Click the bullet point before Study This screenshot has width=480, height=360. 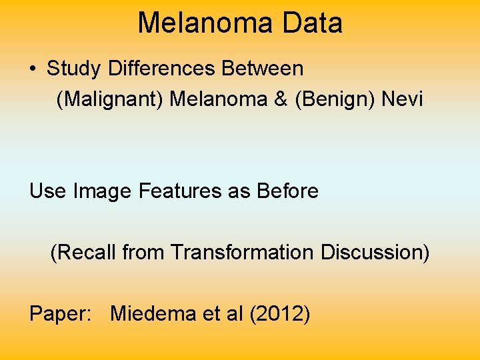pyautogui.click(x=33, y=69)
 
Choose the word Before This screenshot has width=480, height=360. pyautogui.click(x=286, y=191)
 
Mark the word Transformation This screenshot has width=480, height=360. pyautogui.click(x=242, y=253)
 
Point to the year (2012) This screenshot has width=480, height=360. pyautogui.click(x=279, y=313)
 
